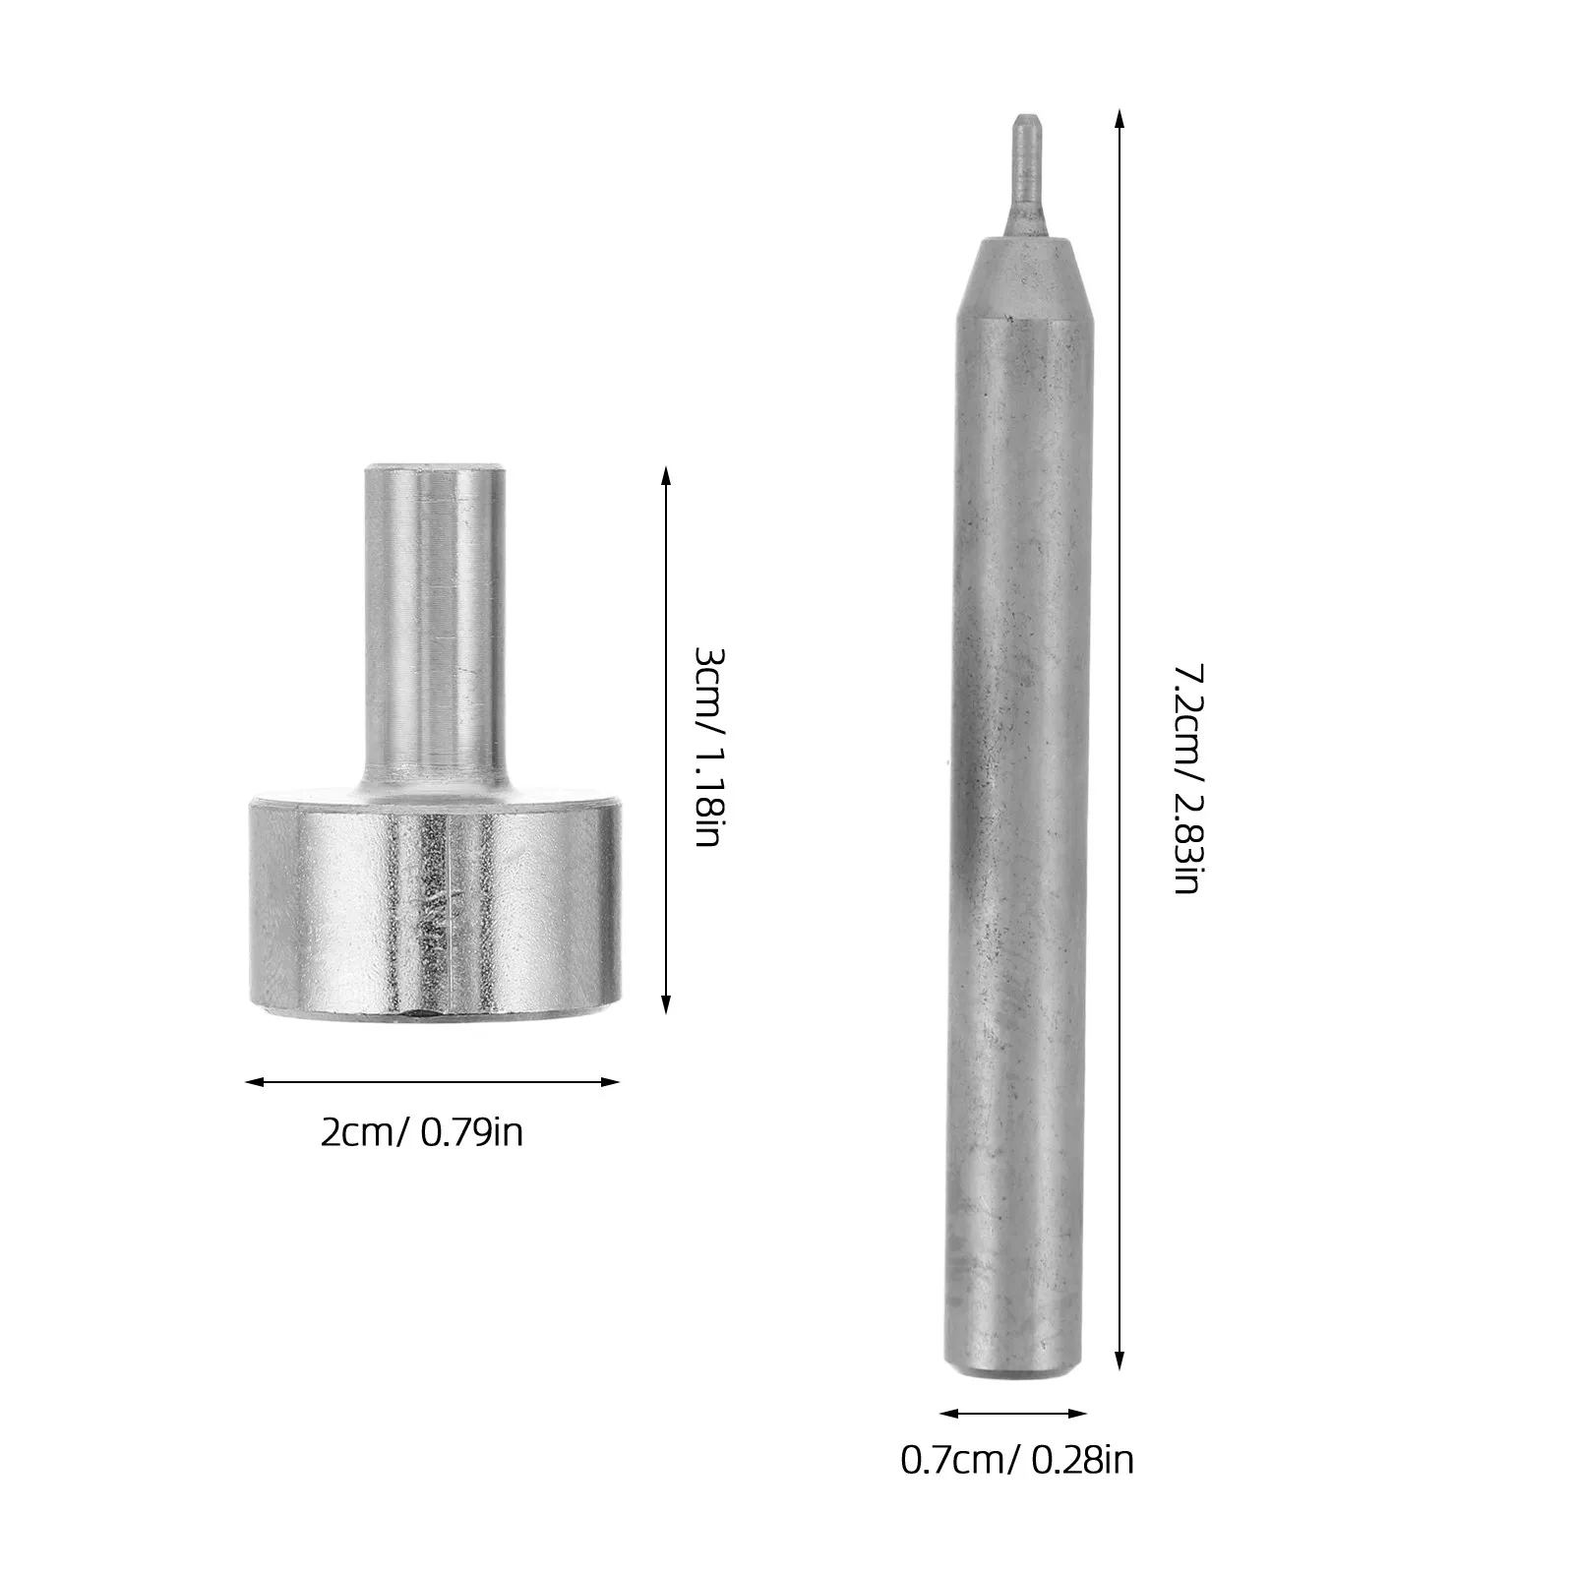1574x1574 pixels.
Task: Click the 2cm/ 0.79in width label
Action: [422, 1133]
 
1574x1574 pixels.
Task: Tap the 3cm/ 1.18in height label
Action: [709, 749]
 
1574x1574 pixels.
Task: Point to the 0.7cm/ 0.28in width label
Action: [1017, 1459]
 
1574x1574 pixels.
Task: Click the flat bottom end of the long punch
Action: [1014, 1370]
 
